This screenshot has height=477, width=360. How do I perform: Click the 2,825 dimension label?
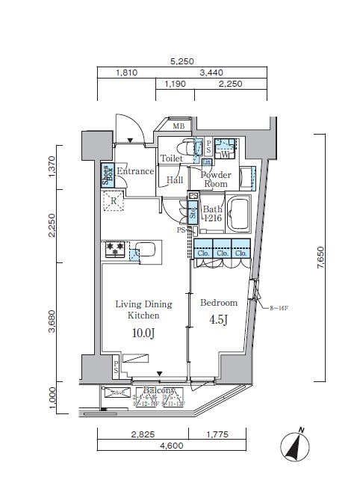coord(142,434)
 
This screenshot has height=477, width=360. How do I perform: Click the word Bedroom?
coord(219,303)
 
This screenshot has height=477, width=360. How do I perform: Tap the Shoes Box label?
coord(107,174)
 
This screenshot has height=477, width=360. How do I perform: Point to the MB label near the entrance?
coord(179,126)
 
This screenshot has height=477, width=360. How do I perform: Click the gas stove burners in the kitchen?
coord(115,249)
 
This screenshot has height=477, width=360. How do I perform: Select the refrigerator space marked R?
coord(114,200)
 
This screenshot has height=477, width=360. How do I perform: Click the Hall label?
coord(175,179)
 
